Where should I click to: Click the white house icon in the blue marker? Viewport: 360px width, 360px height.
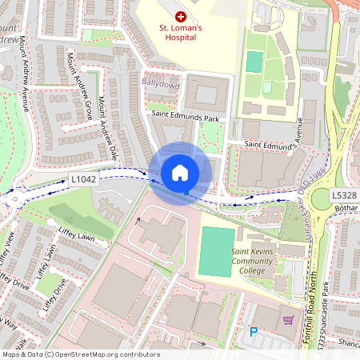click(x=180, y=172)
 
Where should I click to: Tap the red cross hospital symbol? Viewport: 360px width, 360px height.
click(x=180, y=16)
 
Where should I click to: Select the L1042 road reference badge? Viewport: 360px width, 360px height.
click(x=83, y=179)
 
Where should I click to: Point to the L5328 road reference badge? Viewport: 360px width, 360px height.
click(x=346, y=195)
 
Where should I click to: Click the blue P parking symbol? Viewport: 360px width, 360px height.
click(x=254, y=332)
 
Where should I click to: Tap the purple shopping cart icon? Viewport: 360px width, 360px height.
click(x=288, y=321)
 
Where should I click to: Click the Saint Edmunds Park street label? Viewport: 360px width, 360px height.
click(x=185, y=116)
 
